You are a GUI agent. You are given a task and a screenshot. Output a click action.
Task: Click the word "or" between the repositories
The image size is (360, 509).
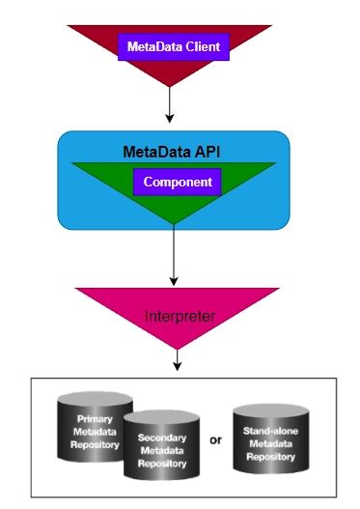point(214,439)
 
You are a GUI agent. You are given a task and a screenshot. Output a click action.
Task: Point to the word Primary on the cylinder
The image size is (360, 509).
point(96,418)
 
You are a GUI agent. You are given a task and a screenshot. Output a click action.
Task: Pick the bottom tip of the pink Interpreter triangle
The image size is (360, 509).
point(177,349)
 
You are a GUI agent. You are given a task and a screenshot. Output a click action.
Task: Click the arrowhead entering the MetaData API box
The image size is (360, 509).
point(169,119)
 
